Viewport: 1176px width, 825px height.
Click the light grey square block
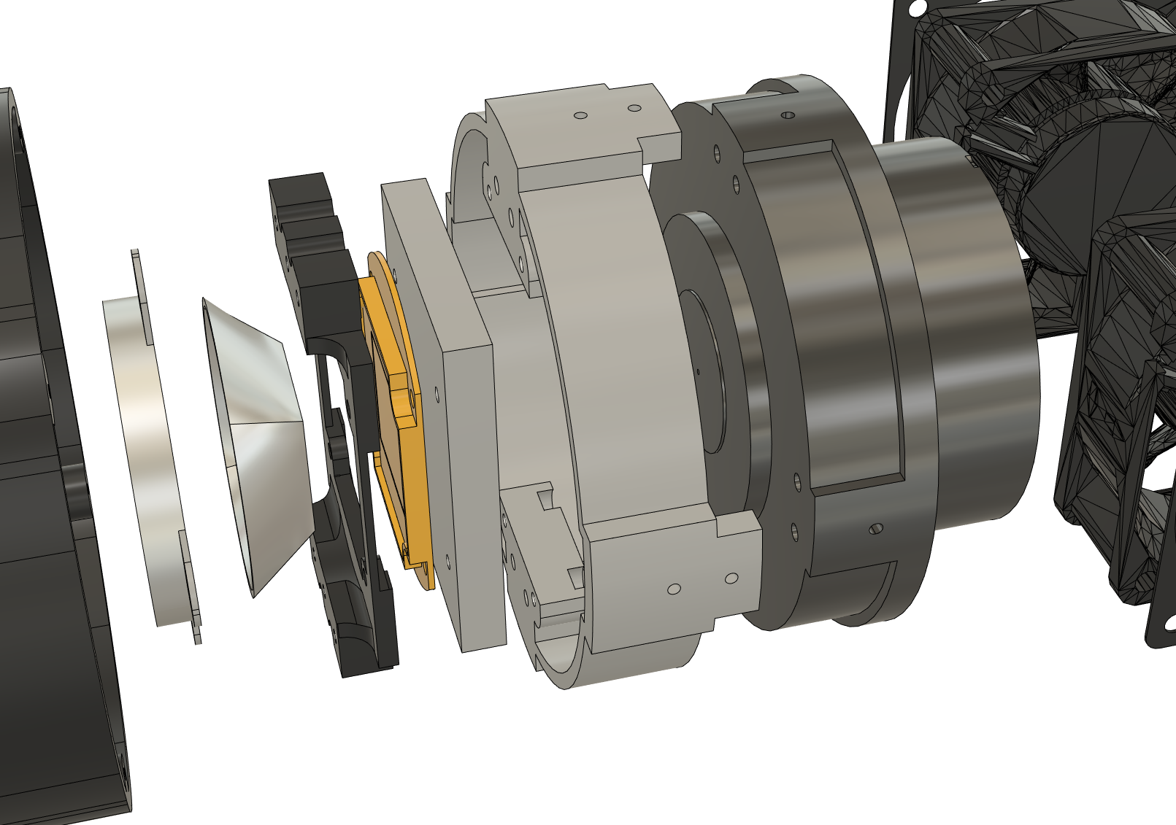460,438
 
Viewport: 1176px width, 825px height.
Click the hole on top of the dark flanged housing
788,115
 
